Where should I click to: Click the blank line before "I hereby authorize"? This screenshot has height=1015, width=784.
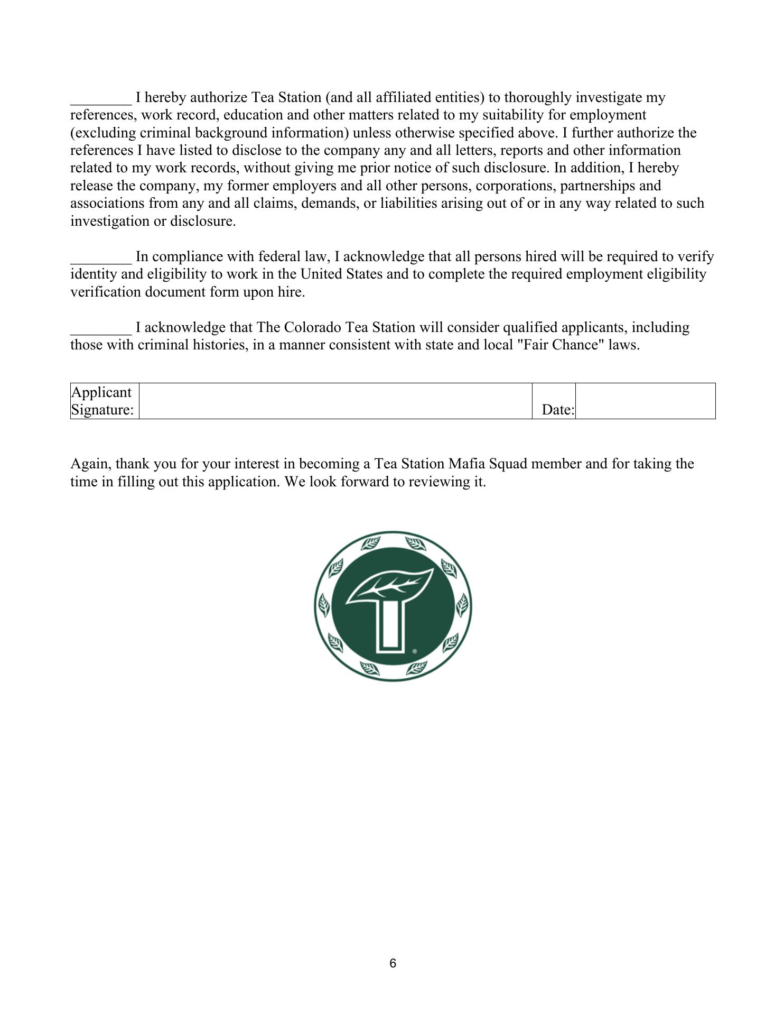(x=101, y=100)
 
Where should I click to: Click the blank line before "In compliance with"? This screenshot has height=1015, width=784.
(x=101, y=260)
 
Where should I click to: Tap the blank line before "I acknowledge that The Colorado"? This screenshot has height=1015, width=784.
(x=101, y=330)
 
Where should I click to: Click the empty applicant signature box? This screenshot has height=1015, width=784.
(x=335, y=401)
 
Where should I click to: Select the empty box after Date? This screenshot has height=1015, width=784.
(x=645, y=401)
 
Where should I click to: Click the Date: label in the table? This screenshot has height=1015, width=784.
(x=558, y=410)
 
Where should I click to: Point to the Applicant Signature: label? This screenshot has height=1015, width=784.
(x=102, y=401)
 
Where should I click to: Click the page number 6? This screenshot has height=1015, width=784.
(x=393, y=964)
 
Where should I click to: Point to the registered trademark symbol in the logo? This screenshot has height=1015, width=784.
(x=415, y=652)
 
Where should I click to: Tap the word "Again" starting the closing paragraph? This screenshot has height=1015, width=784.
(x=91, y=464)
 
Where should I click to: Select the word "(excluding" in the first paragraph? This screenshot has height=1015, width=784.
(x=103, y=133)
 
